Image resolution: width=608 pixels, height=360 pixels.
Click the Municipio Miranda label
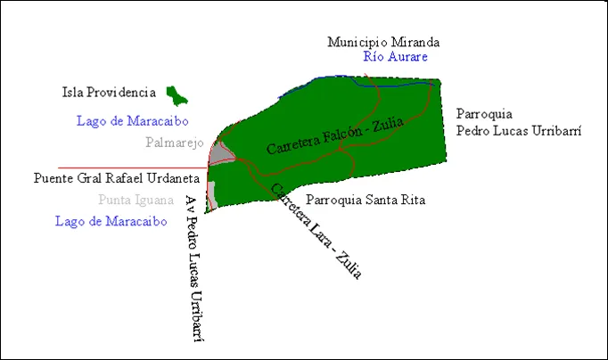(x=383, y=42)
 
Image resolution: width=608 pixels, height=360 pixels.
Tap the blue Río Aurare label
(x=396, y=57)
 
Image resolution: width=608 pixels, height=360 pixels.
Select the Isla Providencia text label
(x=109, y=92)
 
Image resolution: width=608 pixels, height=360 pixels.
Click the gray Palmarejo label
(x=175, y=143)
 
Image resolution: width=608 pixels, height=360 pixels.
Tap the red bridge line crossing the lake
(x=134, y=167)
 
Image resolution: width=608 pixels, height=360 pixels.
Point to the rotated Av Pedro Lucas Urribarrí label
(x=201, y=267)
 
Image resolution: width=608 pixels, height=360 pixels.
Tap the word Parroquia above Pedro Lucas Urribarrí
(x=484, y=114)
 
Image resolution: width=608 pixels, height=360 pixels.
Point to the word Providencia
(x=127, y=92)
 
